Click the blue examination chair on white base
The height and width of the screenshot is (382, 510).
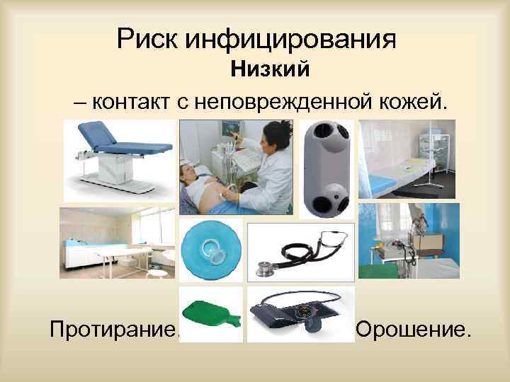120,156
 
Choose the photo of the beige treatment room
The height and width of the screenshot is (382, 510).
117,242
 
